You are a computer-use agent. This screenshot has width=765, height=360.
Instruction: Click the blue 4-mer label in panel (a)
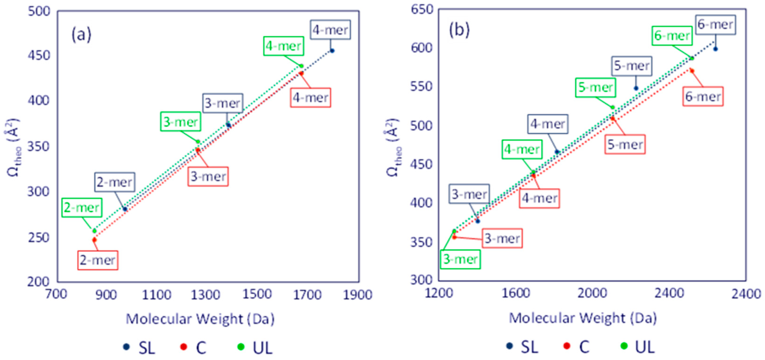[x=330, y=30]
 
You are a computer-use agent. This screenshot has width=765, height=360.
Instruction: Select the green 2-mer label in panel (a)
[x=82, y=208]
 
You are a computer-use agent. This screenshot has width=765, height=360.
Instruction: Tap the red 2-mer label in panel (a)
[x=98, y=260]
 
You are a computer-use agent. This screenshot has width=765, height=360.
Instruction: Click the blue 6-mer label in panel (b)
[x=715, y=25]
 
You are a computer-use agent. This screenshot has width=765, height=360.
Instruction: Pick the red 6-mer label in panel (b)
[x=703, y=97]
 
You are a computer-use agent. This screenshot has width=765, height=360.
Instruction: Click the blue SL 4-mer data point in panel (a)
[x=332, y=51]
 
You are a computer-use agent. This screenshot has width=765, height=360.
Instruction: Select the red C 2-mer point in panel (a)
[x=94, y=240]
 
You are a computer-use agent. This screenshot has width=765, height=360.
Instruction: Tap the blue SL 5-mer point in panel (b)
[x=636, y=88]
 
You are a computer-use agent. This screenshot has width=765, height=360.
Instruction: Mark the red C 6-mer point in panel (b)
[x=692, y=71]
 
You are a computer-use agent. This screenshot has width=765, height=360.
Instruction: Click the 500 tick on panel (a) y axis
[x=39, y=11]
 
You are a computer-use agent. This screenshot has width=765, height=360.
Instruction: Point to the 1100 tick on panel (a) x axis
[x=157, y=295]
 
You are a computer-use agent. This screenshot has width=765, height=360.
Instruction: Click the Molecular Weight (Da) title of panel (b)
[x=583, y=318]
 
